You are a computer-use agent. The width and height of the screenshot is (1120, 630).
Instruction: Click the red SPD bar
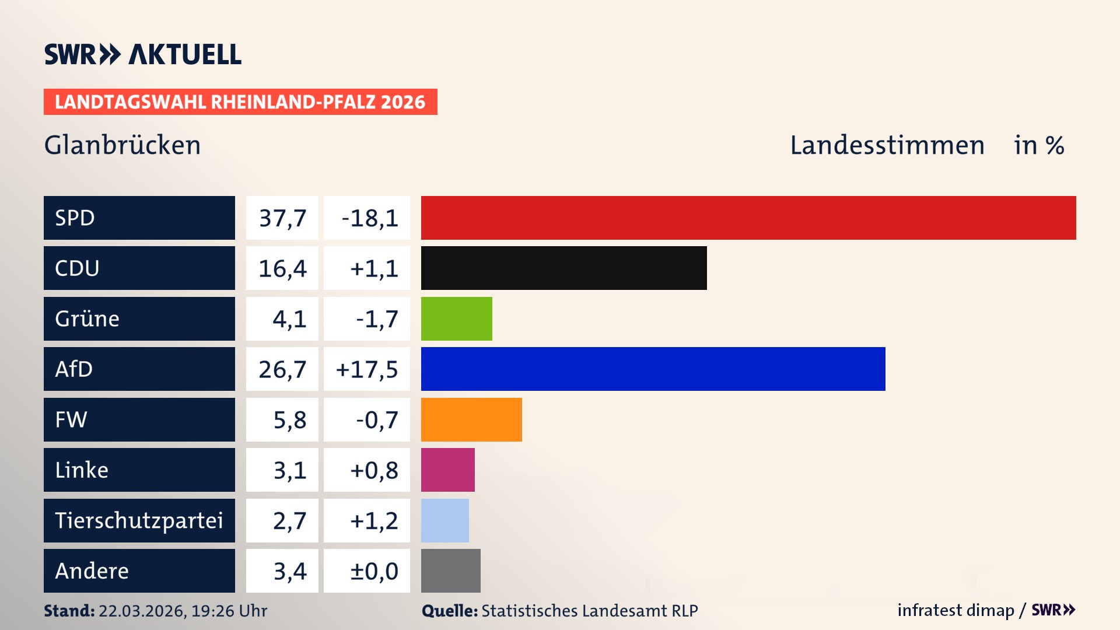point(748,218)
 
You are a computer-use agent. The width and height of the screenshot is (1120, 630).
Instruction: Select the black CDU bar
point(563,268)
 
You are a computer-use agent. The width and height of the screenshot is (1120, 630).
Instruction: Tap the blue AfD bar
point(653,369)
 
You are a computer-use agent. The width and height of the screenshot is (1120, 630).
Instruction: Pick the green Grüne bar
point(456,318)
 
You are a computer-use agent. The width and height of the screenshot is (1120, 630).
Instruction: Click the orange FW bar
point(471,419)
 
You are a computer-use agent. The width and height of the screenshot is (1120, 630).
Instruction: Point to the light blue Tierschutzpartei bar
point(444,520)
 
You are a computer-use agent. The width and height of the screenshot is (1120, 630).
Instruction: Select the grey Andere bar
point(450,570)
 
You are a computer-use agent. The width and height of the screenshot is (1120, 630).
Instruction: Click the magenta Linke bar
point(447,470)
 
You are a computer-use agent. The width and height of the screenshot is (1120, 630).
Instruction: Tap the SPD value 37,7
point(282,218)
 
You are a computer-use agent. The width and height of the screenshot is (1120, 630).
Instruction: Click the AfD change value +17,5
point(367,369)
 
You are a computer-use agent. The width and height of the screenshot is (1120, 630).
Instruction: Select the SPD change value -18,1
point(369,218)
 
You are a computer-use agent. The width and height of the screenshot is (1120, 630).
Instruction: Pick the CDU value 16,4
point(282,268)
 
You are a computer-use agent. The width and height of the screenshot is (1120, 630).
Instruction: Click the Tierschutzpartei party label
point(139,520)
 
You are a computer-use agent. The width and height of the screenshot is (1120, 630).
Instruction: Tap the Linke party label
point(82,470)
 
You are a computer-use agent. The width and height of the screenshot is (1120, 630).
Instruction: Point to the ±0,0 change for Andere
point(374,571)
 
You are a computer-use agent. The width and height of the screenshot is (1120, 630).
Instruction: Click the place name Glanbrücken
point(123,145)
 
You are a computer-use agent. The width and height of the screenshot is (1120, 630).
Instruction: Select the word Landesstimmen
point(887,145)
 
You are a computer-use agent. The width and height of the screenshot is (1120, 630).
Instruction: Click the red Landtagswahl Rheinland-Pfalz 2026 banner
point(240,102)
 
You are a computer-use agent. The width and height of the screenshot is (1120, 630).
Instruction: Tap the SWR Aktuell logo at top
point(143,54)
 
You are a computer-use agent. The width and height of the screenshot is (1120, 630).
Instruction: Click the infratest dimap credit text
point(955,610)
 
